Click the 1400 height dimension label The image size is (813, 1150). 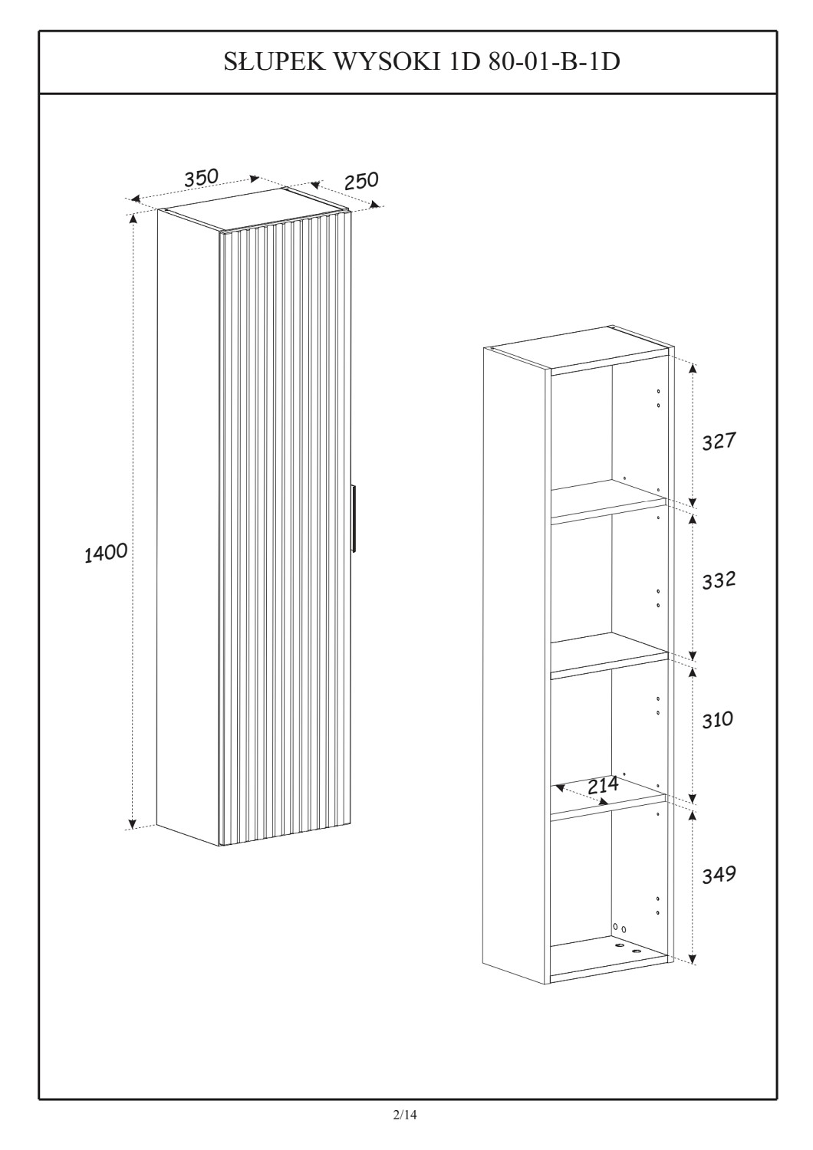[x=106, y=553]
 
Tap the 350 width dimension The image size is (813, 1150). [x=201, y=177]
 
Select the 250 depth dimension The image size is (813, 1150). [x=361, y=180]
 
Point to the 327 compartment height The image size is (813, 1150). [x=719, y=441]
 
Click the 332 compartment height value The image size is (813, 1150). [x=719, y=580]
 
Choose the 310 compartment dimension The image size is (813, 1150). [x=717, y=720]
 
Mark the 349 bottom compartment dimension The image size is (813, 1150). [x=719, y=874]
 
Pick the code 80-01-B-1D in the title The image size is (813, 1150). [x=554, y=62]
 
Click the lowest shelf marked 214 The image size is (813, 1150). [x=608, y=803]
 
